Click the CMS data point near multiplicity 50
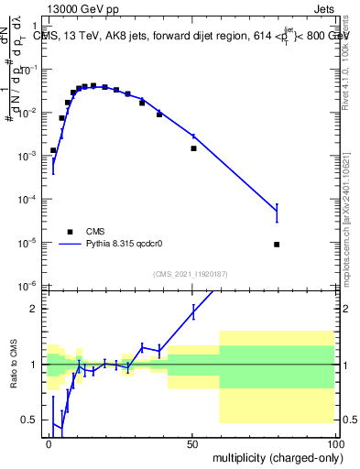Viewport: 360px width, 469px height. [x=193, y=148]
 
